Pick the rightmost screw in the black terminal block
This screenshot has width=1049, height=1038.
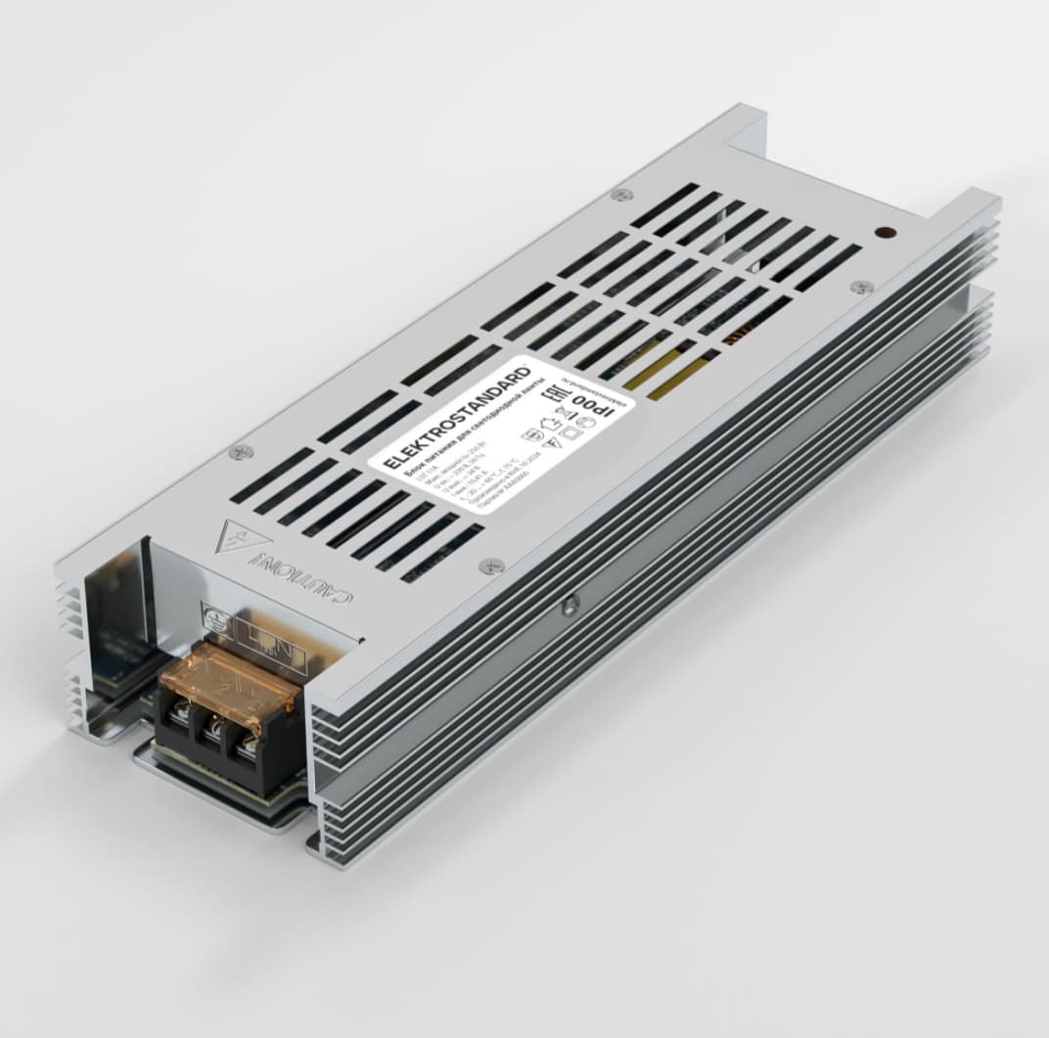pyautogui.click(x=245, y=745)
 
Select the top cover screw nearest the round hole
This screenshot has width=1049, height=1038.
pyautogui.click(x=861, y=287)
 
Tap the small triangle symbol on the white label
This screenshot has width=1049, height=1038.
pyautogui.click(x=555, y=442)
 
